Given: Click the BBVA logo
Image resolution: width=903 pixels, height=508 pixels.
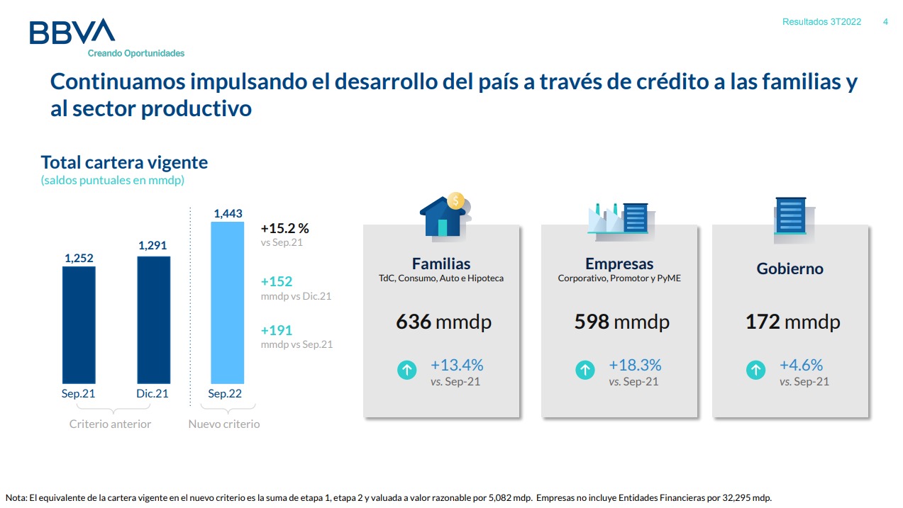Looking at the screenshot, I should pyautogui.click(x=72, y=33).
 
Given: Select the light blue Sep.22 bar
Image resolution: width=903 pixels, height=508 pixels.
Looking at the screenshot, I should pyautogui.click(x=228, y=303).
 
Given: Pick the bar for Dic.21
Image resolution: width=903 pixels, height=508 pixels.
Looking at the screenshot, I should pyautogui.click(x=153, y=320).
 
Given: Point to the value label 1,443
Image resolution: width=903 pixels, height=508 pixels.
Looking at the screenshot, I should pyautogui.click(x=228, y=213).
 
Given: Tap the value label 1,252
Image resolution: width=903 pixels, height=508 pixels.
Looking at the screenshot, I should pyautogui.click(x=79, y=259).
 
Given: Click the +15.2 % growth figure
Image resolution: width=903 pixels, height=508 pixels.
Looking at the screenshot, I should pyautogui.click(x=285, y=229).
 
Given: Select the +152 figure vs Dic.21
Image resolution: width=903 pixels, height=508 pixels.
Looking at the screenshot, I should pyautogui.click(x=277, y=281).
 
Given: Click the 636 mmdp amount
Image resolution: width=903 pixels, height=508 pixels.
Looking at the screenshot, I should pyautogui.click(x=443, y=322).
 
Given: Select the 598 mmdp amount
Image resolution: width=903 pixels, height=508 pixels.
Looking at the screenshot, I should pyautogui.click(x=621, y=322).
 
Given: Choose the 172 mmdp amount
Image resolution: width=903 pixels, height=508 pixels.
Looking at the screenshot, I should pyautogui.click(x=792, y=322).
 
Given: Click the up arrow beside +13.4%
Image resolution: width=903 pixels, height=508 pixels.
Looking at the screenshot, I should pyautogui.click(x=407, y=370).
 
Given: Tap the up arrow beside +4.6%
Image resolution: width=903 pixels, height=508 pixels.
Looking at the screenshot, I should pyautogui.click(x=756, y=370).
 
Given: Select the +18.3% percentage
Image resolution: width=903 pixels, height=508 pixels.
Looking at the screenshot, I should pyautogui.click(x=635, y=366).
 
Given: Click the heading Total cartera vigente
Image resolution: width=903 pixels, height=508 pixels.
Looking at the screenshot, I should pyautogui.click(x=124, y=162).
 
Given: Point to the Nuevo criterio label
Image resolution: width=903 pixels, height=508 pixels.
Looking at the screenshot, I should pyautogui.click(x=223, y=424).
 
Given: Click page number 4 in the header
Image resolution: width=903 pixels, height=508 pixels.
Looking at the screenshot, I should pyautogui.click(x=885, y=22).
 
